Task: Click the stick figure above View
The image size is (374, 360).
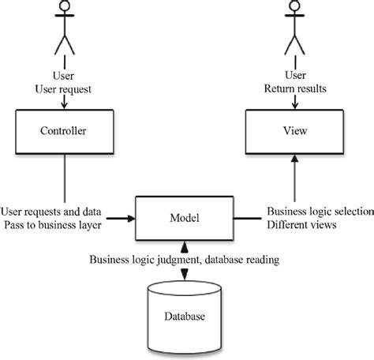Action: click(x=294, y=31)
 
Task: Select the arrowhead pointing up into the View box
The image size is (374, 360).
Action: click(x=294, y=158)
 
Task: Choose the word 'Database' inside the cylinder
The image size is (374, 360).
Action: click(x=183, y=317)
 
